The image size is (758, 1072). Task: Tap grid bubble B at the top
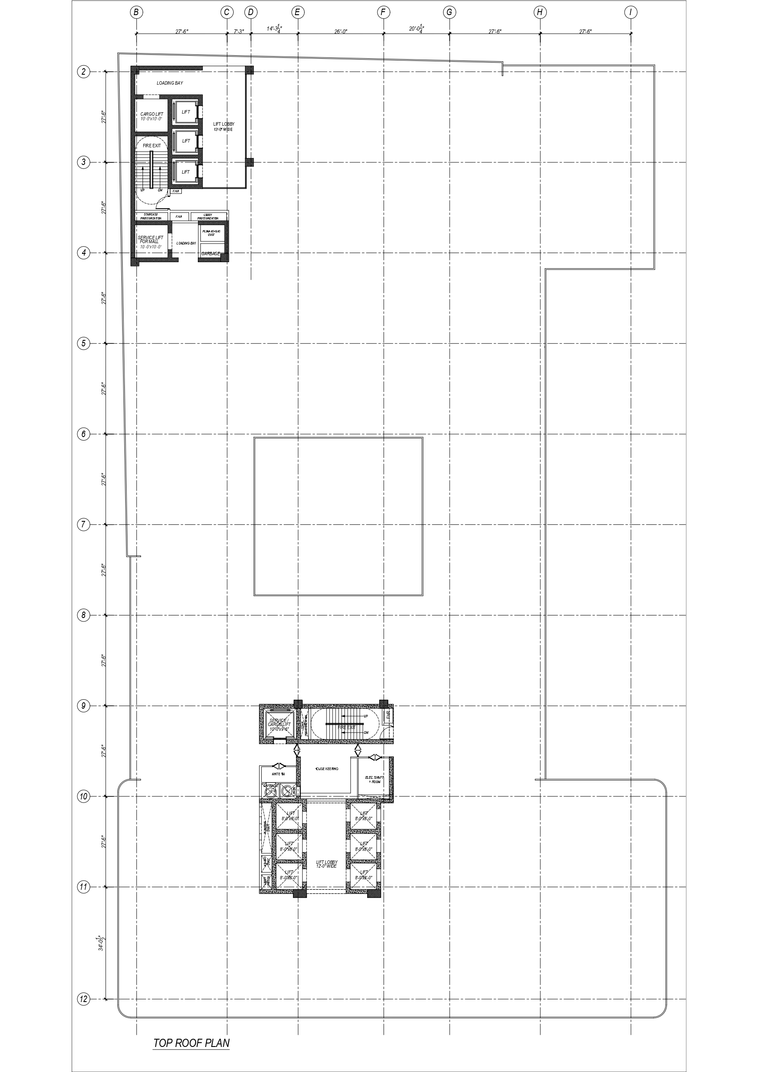tap(136, 12)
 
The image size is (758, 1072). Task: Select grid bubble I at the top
tap(631, 12)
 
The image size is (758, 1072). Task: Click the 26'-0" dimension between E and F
tap(340, 32)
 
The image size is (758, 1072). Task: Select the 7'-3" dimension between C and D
tap(239, 32)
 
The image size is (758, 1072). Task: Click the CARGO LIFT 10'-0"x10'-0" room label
tap(151, 116)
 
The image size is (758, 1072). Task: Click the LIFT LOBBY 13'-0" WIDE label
tap(224, 126)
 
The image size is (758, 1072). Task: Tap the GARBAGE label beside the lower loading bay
tap(211, 254)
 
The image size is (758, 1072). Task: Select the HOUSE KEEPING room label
tap(327, 768)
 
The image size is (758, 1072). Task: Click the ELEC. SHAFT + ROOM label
tap(374, 779)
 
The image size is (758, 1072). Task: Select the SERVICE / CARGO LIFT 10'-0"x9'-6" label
tap(279, 724)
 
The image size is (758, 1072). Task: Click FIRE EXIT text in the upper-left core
tap(151, 146)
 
